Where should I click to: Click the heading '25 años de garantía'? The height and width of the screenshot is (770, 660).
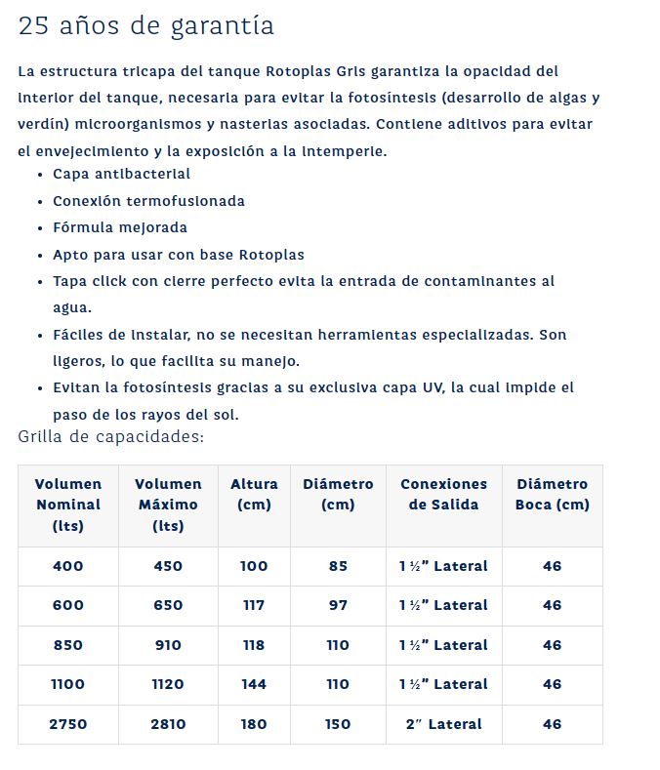click(x=145, y=26)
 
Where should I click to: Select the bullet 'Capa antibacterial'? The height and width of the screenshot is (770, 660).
click(x=122, y=174)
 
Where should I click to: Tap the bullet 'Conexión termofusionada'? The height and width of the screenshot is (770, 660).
click(x=148, y=201)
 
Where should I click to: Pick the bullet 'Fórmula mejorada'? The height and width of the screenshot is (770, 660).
click(x=120, y=227)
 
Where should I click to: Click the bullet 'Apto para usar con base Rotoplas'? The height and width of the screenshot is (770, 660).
click(x=179, y=255)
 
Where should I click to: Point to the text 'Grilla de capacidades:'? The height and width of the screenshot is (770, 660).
click(x=111, y=436)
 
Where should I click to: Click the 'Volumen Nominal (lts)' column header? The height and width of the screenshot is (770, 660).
click(x=68, y=505)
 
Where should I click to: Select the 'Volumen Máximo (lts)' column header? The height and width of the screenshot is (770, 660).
click(x=168, y=505)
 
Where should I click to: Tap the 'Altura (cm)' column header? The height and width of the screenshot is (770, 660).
click(x=254, y=494)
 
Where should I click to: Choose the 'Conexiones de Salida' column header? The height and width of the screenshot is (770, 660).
click(x=443, y=494)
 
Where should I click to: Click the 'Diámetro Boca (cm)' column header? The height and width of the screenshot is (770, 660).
click(x=553, y=494)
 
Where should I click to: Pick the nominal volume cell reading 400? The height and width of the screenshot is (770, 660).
click(x=68, y=566)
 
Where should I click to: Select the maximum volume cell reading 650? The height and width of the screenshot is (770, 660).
click(x=168, y=605)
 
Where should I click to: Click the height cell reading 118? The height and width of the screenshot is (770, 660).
click(x=254, y=645)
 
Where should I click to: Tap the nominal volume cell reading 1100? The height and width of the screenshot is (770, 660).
click(x=68, y=684)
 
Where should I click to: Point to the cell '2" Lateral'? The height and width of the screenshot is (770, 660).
click(x=443, y=724)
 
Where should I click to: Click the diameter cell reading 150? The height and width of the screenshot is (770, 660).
click(x=338, y=724)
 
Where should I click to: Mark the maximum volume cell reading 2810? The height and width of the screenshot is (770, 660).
click(x=168, y=724)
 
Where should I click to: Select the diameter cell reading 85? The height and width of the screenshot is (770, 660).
click(x=338, y=566)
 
